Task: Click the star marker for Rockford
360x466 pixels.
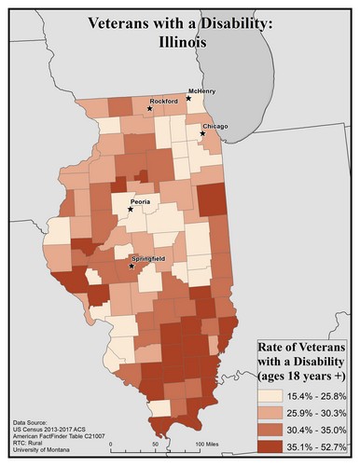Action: coord(149,109)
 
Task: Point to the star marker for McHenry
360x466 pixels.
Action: coord(189,98)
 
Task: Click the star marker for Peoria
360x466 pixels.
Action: coord(131,210)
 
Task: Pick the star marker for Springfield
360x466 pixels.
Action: coord(131,267)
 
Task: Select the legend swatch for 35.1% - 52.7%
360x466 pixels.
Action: coord(272,445)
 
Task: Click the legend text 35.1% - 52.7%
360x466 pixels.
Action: coord(321,445)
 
